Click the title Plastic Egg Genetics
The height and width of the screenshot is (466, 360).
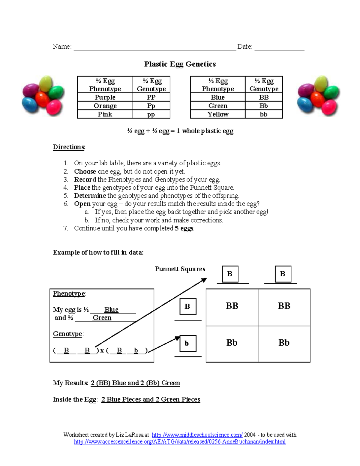[x=180, y=64]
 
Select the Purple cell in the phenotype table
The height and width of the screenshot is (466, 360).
[x=105, y=97]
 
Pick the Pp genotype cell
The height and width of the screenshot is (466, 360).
[x=151, y=106]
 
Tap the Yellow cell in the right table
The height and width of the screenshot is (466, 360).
[x=218, y=114]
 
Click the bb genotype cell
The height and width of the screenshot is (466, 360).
[x=264, y=114]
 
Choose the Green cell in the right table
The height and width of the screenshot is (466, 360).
[x=218, y=106]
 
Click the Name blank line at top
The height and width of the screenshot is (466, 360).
[x=155, y=48]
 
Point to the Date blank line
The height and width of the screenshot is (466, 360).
[x=279, y=48]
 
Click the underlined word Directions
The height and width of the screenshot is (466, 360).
[x=69, y=147]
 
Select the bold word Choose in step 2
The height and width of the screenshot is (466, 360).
[x=85, y=171]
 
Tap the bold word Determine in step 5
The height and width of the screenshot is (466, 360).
[x=90, y=196]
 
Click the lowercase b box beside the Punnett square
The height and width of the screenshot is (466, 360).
[x=188, y=343]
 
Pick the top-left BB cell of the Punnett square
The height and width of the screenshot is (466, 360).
[x=232, y=306]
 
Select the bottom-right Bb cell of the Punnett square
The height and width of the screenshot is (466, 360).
[x=284, y=343]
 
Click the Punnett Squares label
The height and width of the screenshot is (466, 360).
[x=180, y=269]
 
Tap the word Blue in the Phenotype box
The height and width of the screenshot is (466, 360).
[x=111, y=309]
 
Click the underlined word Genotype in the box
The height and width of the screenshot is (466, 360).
[x=67, y=334]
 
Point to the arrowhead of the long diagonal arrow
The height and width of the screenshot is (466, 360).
[x=205, y=280]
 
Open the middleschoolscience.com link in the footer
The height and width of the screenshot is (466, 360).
[x=197, y=435]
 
